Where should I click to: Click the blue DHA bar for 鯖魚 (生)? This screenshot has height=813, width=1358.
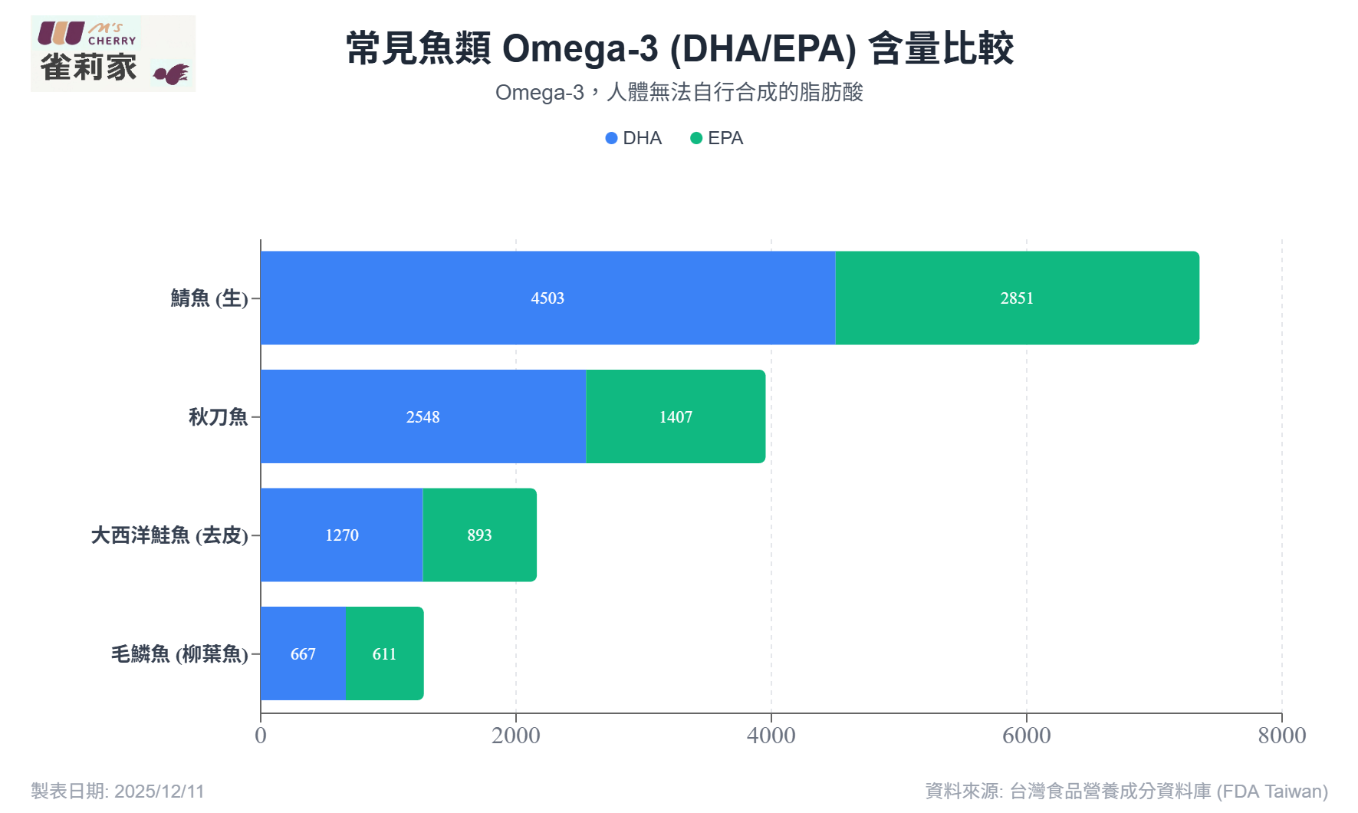tap(547, 298)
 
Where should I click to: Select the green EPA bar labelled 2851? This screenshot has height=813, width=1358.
tap(1017, 298)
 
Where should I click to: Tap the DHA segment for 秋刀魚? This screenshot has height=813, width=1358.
tap(423, 416)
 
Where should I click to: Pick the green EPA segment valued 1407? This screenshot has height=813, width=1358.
tap(676, 416)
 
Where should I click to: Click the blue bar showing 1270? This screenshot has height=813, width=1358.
tap(341, 535)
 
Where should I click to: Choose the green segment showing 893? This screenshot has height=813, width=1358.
tap(479, 535)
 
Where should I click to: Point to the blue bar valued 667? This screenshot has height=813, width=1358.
tap(303, 653)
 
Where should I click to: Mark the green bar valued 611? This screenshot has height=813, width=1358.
tap(384, 653)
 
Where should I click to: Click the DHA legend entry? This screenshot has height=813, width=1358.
tap(633, 138)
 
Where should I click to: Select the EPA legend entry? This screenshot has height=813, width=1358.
tap(717, 138)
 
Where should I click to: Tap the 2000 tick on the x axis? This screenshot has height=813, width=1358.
tap(516, 736)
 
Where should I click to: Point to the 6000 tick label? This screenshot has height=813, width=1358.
tap(1027, 736)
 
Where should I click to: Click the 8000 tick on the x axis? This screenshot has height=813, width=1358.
tap(1281, 736)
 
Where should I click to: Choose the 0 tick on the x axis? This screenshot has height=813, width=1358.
tap(261, 736)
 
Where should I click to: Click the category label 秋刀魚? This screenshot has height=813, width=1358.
tap(219, 416)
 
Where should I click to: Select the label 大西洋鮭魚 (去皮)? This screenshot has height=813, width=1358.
tap(169, 535)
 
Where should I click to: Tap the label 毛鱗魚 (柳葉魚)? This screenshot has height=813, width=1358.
tap(179, 654)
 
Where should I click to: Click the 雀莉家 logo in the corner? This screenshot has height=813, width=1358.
tap(113, 54)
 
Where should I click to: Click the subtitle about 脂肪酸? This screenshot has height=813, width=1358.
tap(679, 93)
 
